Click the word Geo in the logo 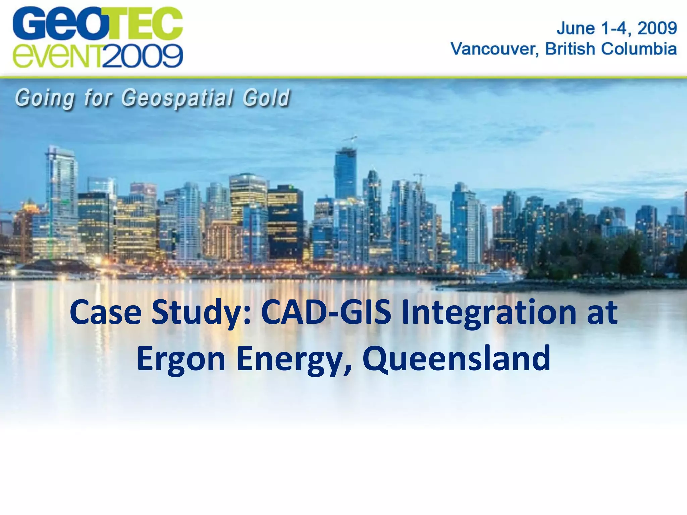(x=57, y=23)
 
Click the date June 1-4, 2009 (x=617, y=28)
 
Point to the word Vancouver (x=494, y=49)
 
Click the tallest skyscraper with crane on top (x=346, y=174)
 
